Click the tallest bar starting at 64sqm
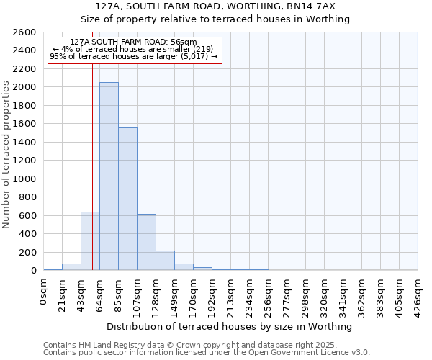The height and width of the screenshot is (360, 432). pyautogui.click(x=109, y=176)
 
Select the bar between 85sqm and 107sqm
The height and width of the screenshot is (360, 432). pyautogui.click(x=127, y=199)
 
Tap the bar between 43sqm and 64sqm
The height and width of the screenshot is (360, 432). pyautogui.click(x=90, y=241)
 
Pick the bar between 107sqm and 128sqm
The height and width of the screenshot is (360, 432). pyautogui.click(x=146, y=242)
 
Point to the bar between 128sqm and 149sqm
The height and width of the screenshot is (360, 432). pyautogui.click(x=165, y=261)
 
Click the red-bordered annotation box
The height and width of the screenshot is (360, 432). pyautogui.click(x=134, y=50)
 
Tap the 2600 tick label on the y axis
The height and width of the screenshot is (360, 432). pyautogui.click(x=24, y=32)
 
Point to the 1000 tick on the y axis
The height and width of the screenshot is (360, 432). pyautogui.click(x=24, y=179)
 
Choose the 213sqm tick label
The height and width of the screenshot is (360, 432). pyautogui.click(x=231, y=293)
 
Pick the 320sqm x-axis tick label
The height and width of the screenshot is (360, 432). pyautogui.click(x=325, y=293)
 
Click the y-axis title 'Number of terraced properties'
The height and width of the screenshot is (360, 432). pyautogui.click(x=6, y=154)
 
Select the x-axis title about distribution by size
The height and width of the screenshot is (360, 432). pyautogui.click(x=230, y=326)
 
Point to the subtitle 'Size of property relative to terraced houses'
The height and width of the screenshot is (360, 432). pyautogui.click(x=215, y=19)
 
